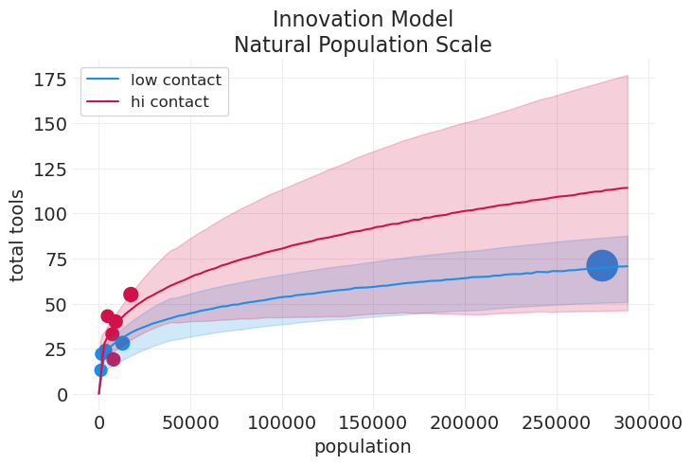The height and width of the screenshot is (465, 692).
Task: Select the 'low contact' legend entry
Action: (x=175, y=80)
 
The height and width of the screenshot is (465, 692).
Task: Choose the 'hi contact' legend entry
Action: (x=169, y=101)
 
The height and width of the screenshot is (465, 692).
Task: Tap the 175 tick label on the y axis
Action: (x=49, y=79)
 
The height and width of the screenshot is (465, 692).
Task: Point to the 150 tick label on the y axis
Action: (x=49, y=123)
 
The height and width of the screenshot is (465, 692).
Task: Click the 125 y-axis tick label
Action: (x=49, y=169)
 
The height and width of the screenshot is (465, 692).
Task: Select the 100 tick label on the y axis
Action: (x=49, y=214)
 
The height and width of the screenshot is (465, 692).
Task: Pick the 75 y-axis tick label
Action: (x=55, y=259)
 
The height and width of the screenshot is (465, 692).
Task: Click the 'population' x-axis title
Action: (x=363, y=446)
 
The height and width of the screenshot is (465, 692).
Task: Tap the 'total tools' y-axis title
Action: (x=18, y=235)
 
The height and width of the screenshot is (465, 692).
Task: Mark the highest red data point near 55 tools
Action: (x=131, y=295)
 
